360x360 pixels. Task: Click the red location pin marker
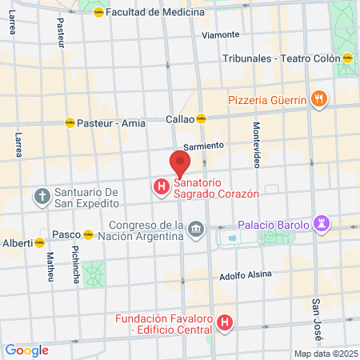click(180, 164)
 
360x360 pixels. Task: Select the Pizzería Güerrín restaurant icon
click(319, 99)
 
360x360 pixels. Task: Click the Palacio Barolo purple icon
click(322, 225)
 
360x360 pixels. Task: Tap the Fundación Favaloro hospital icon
click(226, 324)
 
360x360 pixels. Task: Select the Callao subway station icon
click(202, 118)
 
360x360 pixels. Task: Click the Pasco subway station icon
click(89, 235)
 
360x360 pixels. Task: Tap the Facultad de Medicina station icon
click(98, 13)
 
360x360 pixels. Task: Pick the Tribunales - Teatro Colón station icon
click(348, 58)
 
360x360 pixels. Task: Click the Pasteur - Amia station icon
click(70, 123)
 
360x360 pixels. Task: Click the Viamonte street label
click(221, 34)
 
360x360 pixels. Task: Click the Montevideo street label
click(257, 145)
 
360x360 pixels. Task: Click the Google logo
click(26, 350)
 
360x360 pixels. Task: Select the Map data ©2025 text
click(325, 354)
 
